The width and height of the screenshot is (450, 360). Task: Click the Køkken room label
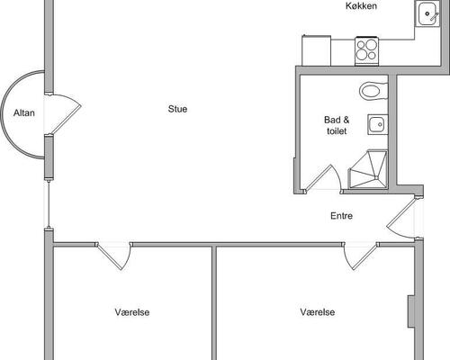[361, 5]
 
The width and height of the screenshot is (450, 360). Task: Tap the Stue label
[177, 109]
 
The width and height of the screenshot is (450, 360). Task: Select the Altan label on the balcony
[24, 112]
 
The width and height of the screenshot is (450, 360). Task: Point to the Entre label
[341, 216]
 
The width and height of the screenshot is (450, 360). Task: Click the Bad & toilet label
[337, 125]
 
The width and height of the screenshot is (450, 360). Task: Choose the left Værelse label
[132, 312]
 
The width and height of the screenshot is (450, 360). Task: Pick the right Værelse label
[318, 312]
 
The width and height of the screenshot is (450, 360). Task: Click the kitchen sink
[427, 13]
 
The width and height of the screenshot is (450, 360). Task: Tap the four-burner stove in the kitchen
[366, 50]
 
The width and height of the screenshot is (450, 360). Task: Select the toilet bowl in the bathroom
[373, 91]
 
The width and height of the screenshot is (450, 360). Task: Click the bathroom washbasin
[377, 124]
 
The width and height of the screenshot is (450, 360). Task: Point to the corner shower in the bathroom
[368, 169]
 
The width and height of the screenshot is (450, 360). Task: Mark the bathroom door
[321, 178]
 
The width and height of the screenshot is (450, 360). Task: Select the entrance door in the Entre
[401, 218]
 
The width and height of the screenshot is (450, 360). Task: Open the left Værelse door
[114, 256]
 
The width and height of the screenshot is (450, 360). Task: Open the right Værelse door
[361, 256]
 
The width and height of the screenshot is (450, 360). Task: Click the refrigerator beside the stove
[316, 50]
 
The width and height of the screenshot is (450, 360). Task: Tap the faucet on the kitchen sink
[434, 16]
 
